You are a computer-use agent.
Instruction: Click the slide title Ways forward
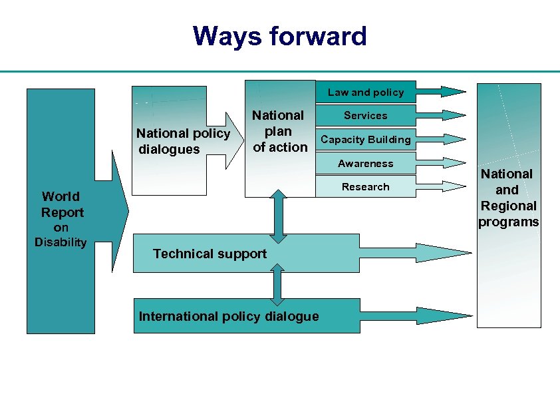coord(279,36)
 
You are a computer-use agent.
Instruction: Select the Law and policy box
coord(365,93)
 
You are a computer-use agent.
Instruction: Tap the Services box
coord(365,116)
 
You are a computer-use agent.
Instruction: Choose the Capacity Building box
coord(365,140)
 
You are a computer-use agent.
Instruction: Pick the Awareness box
coord(365,164)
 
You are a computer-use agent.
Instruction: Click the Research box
coord(365,187)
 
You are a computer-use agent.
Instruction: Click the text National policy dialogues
coord(182,141)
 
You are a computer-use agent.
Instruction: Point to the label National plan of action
coord(279,131)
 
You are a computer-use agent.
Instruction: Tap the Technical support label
coord(210,254)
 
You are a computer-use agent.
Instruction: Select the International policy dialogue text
coord(229,316)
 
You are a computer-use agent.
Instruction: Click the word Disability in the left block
coord(61,242)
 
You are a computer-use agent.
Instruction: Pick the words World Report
coord(62,204)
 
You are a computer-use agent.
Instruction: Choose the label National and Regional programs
coord(508,198)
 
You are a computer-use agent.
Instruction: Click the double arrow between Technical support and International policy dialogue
coord(278,284)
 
